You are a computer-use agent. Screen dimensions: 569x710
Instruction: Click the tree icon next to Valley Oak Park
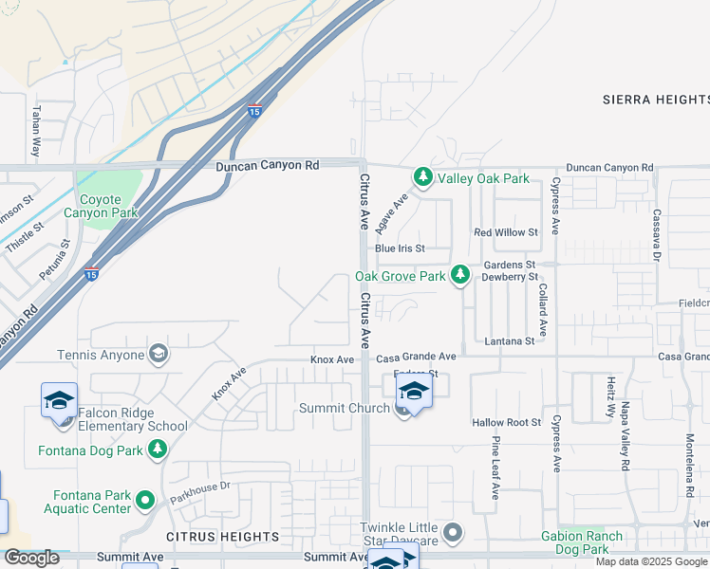[422, 177]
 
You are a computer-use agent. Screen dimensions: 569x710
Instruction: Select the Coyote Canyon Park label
[93, 206]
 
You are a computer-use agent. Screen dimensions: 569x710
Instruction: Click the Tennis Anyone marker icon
[159, 355]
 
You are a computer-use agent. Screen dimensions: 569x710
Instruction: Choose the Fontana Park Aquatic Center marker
[144, 499]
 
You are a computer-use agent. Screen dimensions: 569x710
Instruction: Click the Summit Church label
[344, 408]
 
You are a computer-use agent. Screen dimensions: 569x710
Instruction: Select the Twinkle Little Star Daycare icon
[453, 532]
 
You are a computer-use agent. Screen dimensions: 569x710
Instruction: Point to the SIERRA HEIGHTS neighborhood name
[655, 99]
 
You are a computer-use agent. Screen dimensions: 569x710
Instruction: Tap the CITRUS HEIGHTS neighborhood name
[210, 537]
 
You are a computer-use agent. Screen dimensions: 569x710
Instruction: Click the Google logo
[31, 558]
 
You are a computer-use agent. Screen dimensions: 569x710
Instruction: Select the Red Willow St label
[506, 232]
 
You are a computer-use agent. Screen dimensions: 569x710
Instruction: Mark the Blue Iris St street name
[399, 248]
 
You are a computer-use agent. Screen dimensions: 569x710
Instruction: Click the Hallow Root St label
[506, 422]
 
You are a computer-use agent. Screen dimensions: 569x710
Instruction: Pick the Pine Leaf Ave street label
[495, 468]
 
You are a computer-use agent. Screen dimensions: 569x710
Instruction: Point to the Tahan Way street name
[36, 131]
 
